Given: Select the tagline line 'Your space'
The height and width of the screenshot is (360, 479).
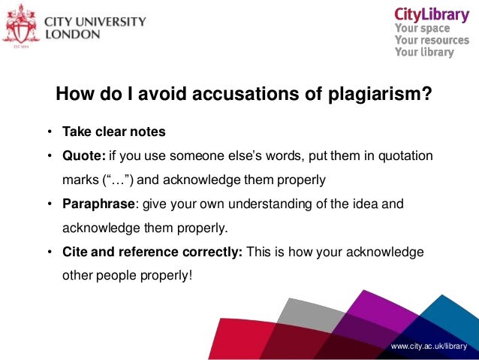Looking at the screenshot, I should (x=423, y=29).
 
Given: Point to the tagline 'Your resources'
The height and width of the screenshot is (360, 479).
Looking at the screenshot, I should (x=432, y=41).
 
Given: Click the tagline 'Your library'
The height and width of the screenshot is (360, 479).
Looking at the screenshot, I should (x=424, y=53).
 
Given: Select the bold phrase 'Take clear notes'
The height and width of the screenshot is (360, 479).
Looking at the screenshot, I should (x=114, y=132).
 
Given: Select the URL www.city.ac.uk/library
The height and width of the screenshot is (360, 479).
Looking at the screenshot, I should (x=429, y=346).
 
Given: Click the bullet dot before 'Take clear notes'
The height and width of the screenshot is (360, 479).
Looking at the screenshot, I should (x=47, y=132).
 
